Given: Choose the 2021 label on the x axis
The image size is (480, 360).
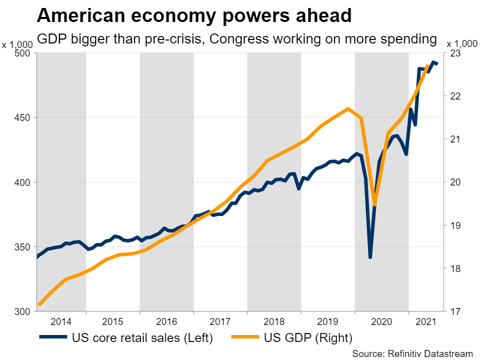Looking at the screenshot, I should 425,321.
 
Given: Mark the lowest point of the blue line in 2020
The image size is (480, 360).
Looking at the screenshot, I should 370,257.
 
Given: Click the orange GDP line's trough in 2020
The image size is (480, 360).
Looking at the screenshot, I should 375,204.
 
